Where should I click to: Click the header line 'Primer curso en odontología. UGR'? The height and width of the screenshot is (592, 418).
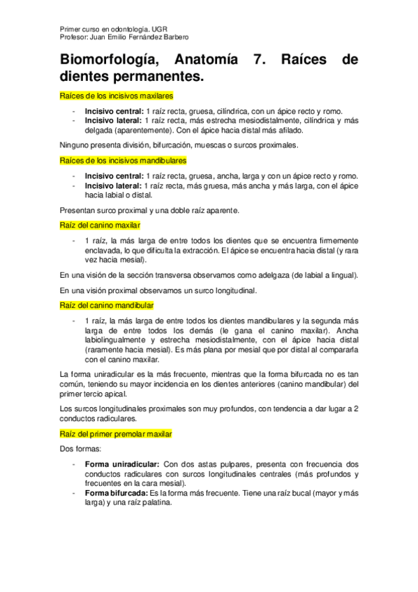coord(106,29)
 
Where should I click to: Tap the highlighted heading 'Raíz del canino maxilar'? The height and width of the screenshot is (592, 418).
coord(100,225)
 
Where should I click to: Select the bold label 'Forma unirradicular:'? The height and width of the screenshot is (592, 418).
coord(122,464)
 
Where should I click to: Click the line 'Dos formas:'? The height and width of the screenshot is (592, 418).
coord(80,449)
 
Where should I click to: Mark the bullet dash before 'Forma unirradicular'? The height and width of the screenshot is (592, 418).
coord(74,464)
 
